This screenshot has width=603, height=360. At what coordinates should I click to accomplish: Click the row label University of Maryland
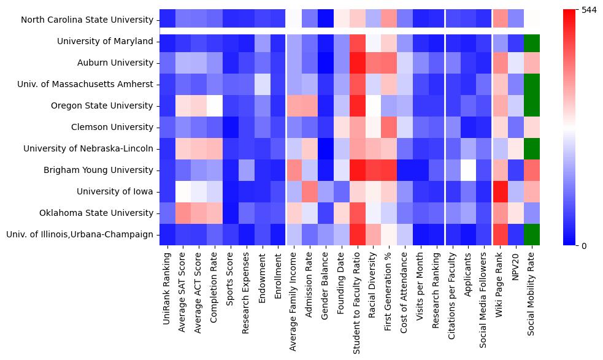click(x=105, y=41)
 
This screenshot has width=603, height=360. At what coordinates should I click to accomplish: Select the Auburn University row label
click(x=115, y=63)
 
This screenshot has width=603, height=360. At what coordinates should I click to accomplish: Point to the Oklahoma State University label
click(x=99, y=213)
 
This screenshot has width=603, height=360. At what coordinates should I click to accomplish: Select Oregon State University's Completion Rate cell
click(x=215, y=105)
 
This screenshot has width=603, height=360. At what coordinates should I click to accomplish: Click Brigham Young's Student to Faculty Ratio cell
click(x=358, y=170)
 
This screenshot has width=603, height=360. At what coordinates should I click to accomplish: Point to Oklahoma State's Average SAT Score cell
click(x=183, y=213)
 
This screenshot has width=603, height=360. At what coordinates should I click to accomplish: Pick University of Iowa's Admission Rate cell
click(x=310, y=191)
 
